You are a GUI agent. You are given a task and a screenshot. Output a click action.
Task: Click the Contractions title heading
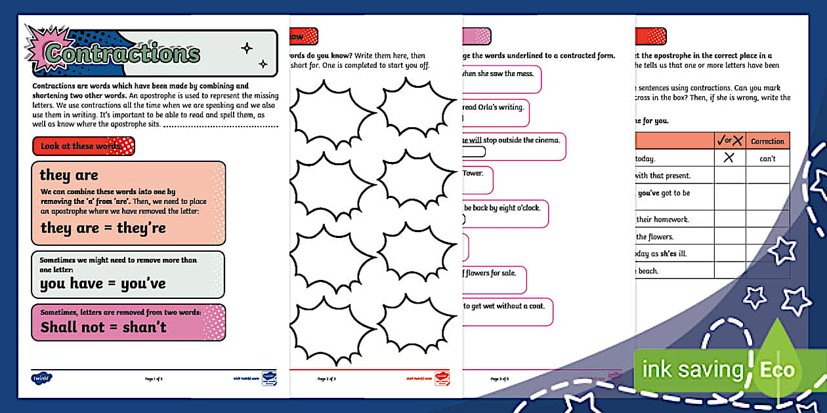coord(123,53)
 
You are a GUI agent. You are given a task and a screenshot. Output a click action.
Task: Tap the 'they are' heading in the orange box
coord(69,175)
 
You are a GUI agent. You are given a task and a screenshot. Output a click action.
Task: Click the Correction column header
coord(767,141)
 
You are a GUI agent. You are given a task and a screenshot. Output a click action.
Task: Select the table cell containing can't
coord(767,158)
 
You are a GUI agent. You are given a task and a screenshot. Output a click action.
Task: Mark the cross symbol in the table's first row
coord(729,158)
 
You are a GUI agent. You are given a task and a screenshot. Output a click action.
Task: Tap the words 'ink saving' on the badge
coord(692,370)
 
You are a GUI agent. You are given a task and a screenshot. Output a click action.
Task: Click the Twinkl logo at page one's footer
coord(41,378)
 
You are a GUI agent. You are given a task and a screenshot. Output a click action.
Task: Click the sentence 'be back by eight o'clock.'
coord(501,208)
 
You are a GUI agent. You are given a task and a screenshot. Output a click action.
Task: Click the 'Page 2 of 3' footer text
coord(327,379)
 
